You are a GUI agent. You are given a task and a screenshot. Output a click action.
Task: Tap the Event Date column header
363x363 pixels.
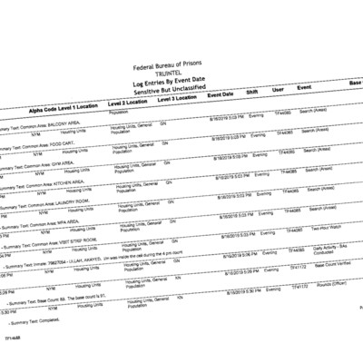tap(221, 94)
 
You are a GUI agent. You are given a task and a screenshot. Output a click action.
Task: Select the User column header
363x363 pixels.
tap(278, 90)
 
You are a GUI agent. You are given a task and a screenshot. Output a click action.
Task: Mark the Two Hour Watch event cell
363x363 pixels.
tap(326, 230)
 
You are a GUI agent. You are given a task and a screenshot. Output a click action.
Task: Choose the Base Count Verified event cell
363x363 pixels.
tap(333, 270)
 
